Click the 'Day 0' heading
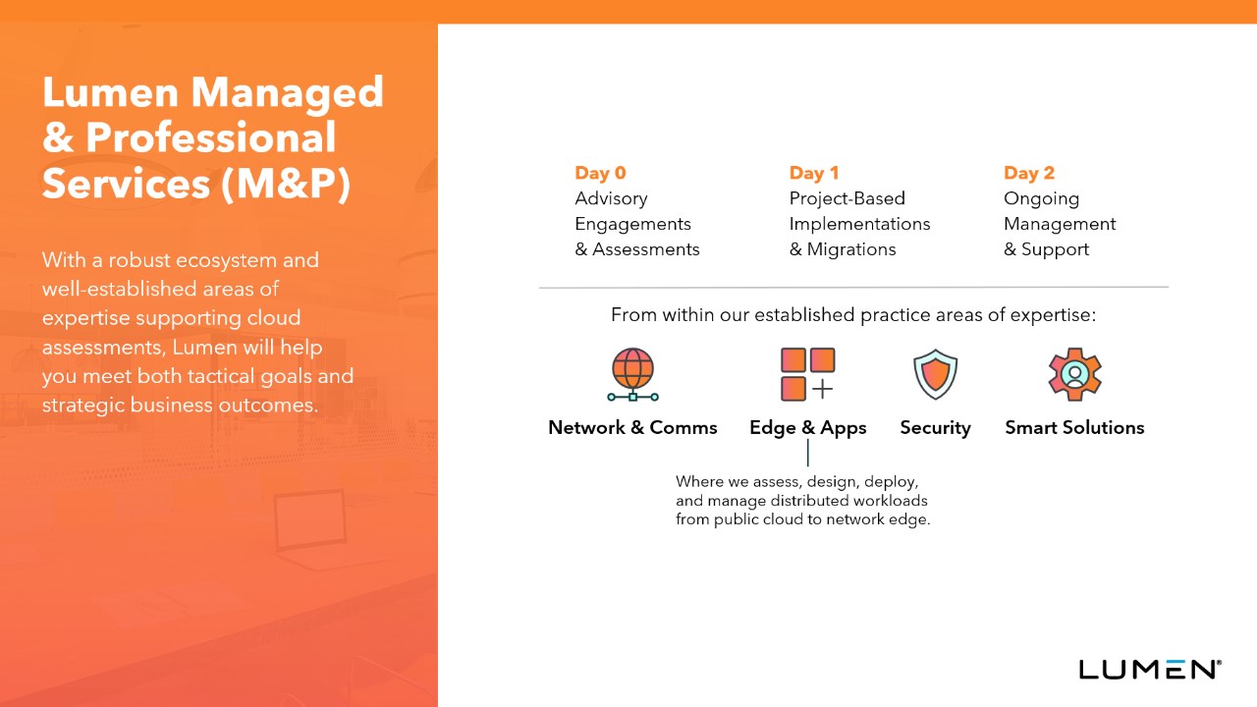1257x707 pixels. coord(600,173)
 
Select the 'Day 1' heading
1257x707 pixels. coord(814,173)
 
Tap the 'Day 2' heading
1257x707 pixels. coord(1028,173)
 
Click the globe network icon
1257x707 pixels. coord(633,374)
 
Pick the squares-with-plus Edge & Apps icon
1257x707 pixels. coord(807,374)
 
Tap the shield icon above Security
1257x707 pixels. coord(936,374)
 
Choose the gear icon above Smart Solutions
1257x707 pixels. coord(1074,374)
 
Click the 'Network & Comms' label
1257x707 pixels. coord(632,427)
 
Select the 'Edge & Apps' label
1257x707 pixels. coord(807,428)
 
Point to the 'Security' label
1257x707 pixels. coord(936,428)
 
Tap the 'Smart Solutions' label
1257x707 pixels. coord(1074,427)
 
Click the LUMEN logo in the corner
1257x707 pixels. coord(1150,670)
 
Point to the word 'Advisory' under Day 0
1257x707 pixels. coord(611,199)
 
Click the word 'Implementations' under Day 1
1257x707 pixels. coord(859,225)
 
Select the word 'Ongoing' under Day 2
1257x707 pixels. coord(1042,199)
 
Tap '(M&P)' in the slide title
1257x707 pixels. coord(286,184)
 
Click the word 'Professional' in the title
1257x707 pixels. coord(211,137)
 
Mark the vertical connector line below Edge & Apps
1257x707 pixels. coord(808,453)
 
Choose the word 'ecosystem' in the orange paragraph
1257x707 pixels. coord(229,261)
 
